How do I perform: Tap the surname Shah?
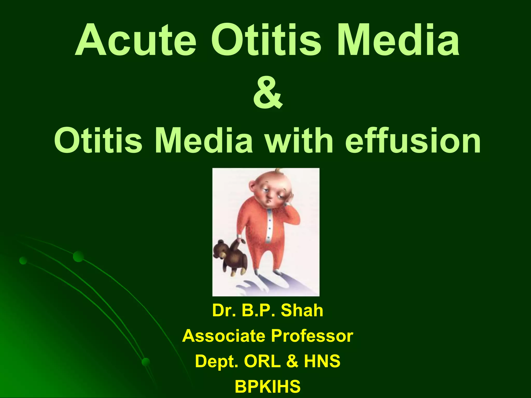(x=302, y=310)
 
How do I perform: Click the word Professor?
(x=312, y=336)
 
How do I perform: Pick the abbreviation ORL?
(x=262, y=361)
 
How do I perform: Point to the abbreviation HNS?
(x=322, y=361)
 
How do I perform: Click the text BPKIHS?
(x=268, y=386)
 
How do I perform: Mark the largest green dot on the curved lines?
(x=78, y=256)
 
